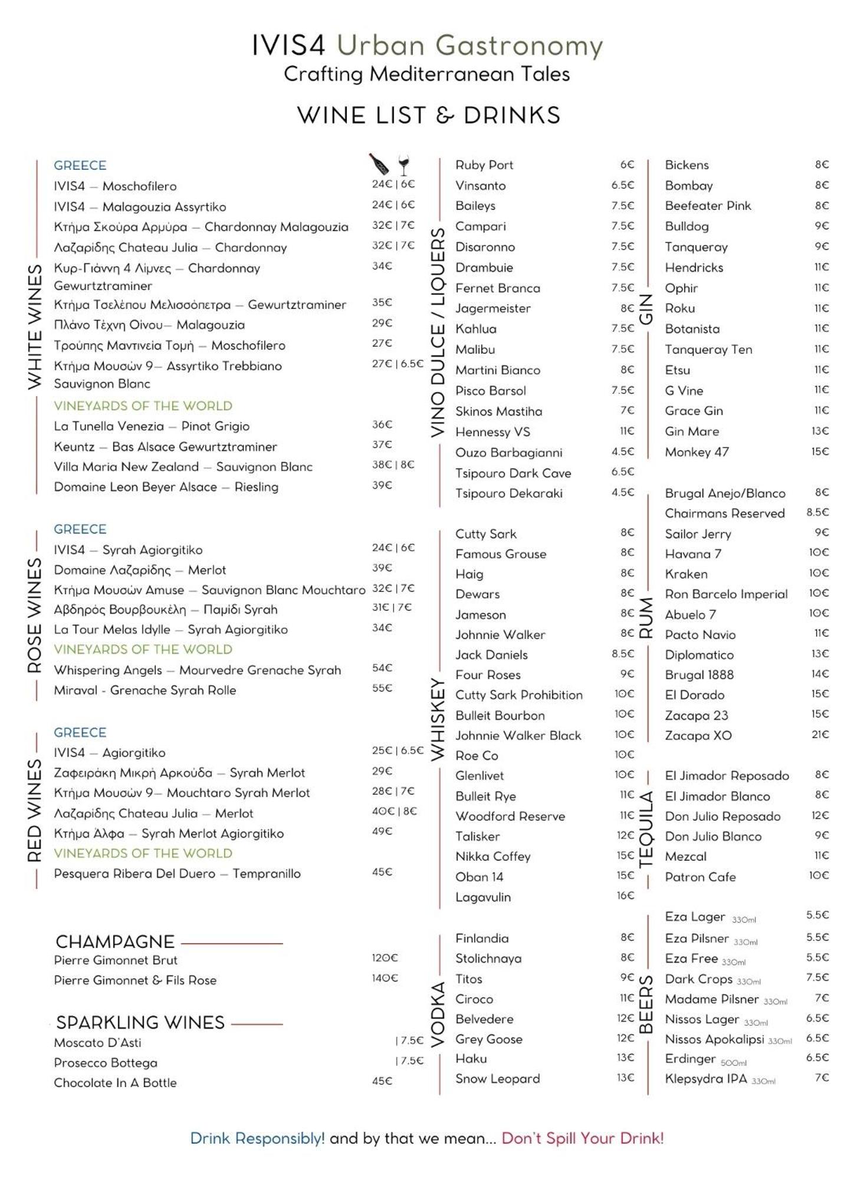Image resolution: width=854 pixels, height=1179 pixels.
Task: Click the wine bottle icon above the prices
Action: pos(379,164)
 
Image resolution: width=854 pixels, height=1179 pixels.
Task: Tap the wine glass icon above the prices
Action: pos(404,165)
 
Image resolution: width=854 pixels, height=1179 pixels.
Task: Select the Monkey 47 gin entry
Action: pos(697,452)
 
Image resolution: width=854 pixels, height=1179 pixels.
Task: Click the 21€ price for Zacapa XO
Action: pos(819,735)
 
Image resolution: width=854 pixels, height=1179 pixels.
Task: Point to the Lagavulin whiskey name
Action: pos(482,897)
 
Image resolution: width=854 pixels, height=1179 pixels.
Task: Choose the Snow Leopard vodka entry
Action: pos(497,1079)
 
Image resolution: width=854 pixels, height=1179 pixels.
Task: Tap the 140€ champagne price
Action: pos(385,978)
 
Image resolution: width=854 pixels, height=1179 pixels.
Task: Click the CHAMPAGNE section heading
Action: pos(115,941)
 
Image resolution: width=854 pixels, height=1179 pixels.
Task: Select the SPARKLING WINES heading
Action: pos(140,1022)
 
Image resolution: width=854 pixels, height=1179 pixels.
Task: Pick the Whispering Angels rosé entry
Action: pos(197,670)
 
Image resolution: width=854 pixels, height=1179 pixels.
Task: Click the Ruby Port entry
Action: pos(484,165)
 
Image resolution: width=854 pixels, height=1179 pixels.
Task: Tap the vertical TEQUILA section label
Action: pos(646,829)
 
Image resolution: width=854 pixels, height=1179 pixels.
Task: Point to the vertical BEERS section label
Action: pos(646,1004)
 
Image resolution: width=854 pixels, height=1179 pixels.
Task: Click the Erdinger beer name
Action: pos(690,1059)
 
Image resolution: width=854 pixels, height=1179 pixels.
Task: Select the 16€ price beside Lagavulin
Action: pos(625,895)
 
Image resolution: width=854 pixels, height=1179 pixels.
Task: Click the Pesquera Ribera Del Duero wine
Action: pos(177,874)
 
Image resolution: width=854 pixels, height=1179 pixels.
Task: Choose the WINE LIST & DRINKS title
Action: pos(428,116)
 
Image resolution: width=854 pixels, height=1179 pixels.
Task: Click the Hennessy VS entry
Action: pos(492,432)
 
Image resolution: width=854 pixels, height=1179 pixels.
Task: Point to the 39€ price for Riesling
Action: pos(382,485)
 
